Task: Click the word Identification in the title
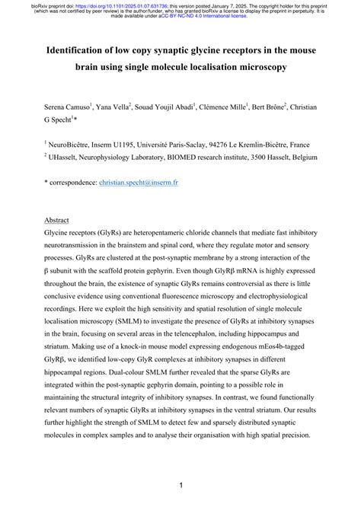coord(83,49)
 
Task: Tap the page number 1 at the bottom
coord(180,484)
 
